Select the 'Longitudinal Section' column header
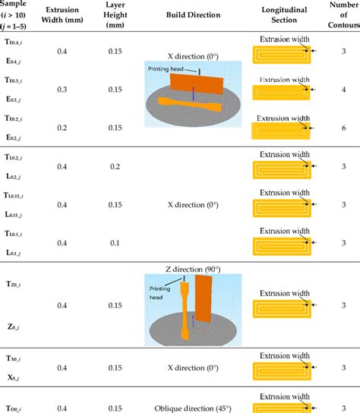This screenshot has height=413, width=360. [280, 14]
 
